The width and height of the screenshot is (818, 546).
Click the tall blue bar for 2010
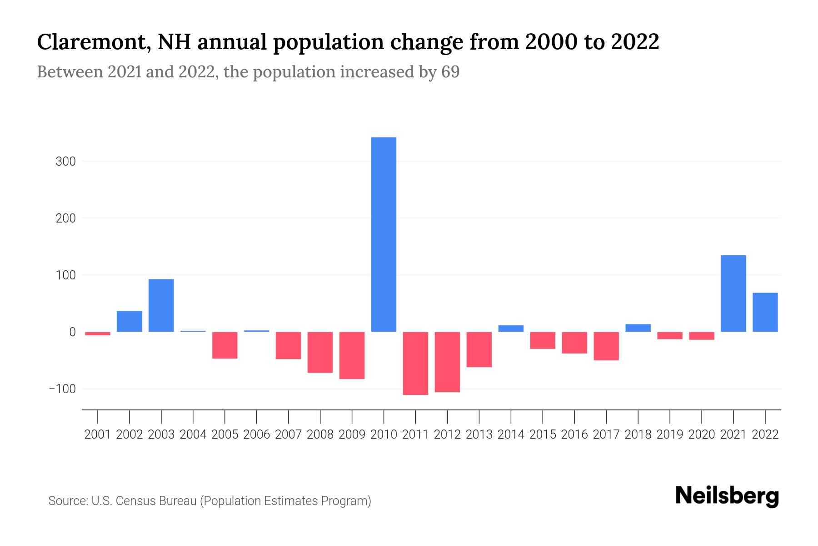[x=384, y=234]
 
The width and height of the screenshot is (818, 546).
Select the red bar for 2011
[x=415, y=363]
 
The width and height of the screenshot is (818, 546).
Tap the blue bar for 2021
[x=733, y=293]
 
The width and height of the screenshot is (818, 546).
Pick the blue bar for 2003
[x=161, y=305]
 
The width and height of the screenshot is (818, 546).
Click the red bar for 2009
[x=352, y=355]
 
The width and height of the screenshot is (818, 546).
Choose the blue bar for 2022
[x=765, y=312]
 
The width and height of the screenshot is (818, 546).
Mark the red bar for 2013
[x=479, y=349]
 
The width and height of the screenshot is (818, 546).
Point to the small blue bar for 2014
[x=511, y=329]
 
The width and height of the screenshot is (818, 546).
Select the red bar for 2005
[x=225, y=345]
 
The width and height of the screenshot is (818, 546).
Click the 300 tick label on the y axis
[x=65, y=162]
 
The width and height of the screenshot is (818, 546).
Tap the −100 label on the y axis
[x=62, y=389]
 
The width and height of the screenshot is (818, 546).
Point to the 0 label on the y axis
[x=72, y=332]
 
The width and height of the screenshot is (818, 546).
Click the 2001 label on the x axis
[x=98, y=435]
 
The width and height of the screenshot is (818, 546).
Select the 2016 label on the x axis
[x=574, y=435]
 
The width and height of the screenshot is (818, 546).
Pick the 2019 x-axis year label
[x=669, y=435]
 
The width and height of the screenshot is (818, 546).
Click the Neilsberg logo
[x=727, y=496]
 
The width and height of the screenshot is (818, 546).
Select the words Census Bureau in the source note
[x=157, y=501]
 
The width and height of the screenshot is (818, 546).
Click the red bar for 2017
[x=606, y=346]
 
